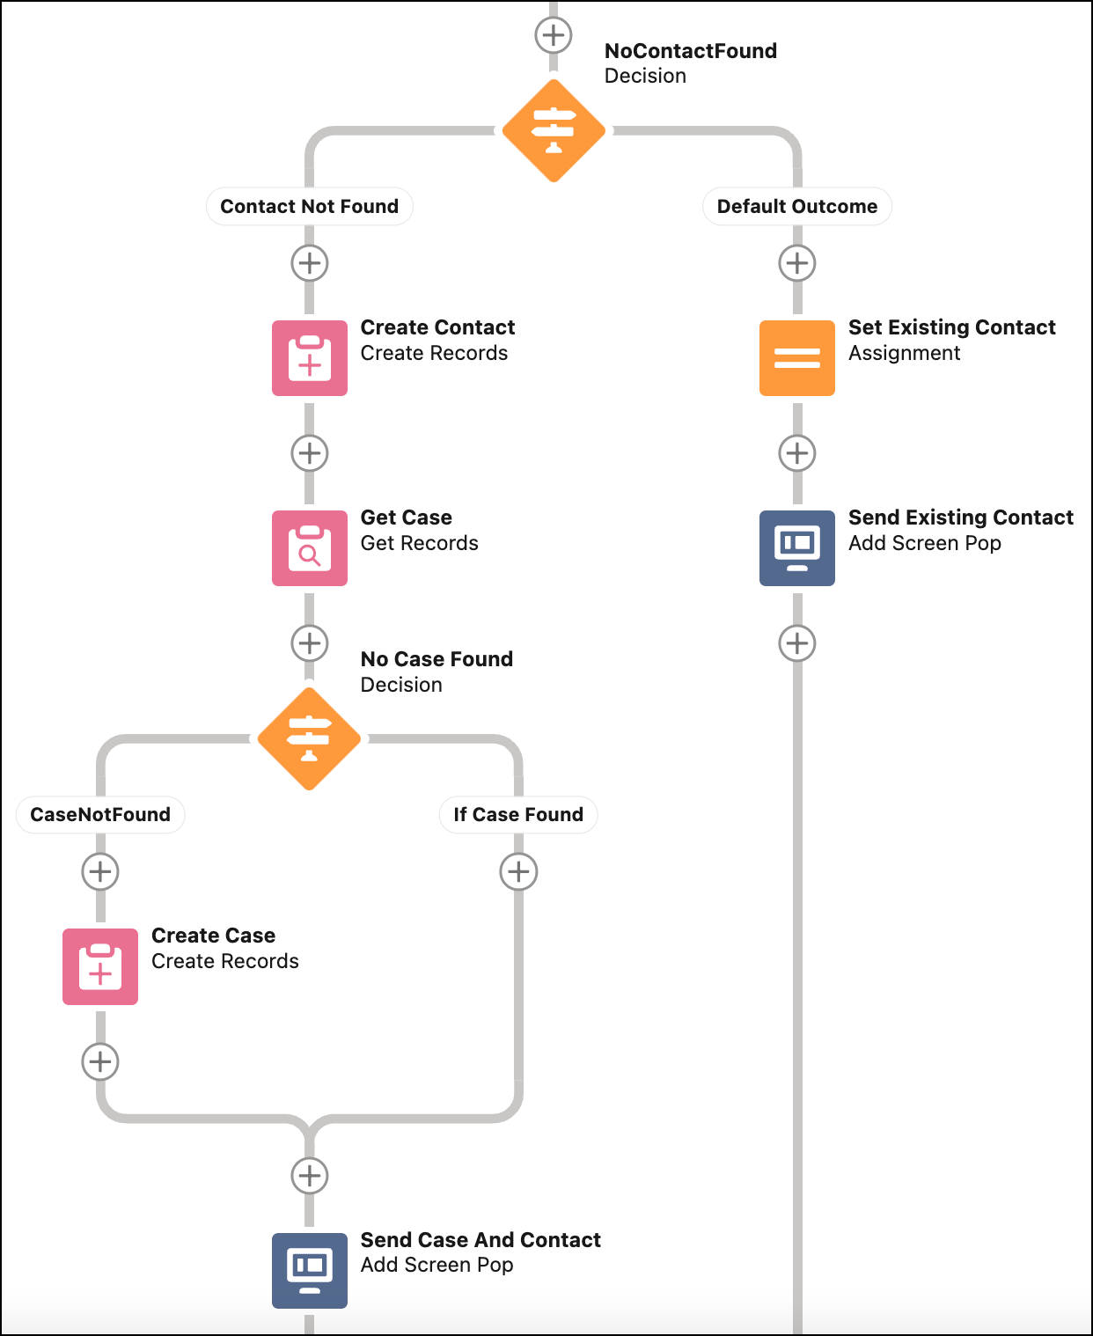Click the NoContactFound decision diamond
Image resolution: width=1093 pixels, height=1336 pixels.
pyautogui.click(x=554, y=131)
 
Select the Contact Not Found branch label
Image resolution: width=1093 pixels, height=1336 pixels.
pyautogui.click(x=309, y=206)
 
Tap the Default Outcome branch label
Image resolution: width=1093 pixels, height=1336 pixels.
pyautogui.click(x=796, y=206)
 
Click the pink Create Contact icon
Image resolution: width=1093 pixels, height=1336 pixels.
pyautogui.click(x=310, y=358)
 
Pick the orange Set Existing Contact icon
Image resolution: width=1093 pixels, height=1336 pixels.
pyautogui.click(x=797, y=358)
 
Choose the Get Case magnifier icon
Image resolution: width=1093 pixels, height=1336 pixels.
pyautogui.click(x=310, y=548)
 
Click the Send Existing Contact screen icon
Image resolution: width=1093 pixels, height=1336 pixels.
pyautogui.click(x=797, y=548)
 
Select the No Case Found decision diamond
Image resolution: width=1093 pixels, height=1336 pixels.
pyautogui.click(x=309, y=739)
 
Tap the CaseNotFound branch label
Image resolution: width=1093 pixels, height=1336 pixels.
pyautogui.click(x=100, y=815)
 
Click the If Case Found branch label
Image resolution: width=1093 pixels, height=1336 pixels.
pyautogui.click(x=518, y=815)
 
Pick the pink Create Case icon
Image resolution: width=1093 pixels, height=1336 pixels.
pyautogui.click(x=100, y=966)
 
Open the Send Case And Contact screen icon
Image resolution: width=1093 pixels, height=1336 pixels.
pyautogui.click(x=310, y=1270)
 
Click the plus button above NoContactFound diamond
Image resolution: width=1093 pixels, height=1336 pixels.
pyautogui.click(x=554, y=35)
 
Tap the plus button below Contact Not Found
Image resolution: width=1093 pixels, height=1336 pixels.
pyautogui.click(x=310, y=263)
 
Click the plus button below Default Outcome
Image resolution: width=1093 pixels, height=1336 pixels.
pyautogui.click(x=797, y=263)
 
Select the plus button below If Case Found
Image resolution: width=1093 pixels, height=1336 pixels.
pyautogui.click(x=518, y=871)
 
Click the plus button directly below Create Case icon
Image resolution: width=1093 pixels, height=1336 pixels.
pyautogui.click(x=100, y=1061)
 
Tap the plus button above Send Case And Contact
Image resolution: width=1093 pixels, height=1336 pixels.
pyautogui.click(x=310, y=1175)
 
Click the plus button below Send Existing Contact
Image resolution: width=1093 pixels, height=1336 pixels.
pyautogui.click(x=797, y=643)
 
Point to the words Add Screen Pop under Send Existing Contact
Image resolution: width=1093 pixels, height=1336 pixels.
pyautogui.click(x=924, y=543)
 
